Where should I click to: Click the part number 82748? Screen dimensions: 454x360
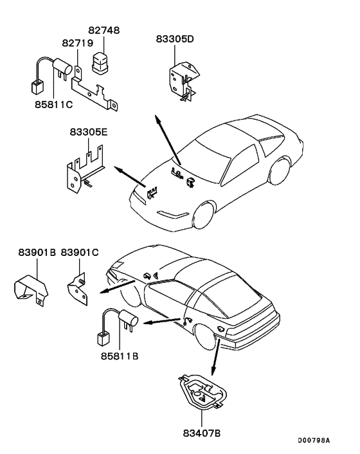tap(104, 31)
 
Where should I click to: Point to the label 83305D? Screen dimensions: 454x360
tap(175, 39)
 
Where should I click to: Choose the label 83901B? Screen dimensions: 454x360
tap(35, 253)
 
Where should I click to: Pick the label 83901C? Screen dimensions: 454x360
tap(80, 253)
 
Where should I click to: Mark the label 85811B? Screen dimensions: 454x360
tap(120, 353)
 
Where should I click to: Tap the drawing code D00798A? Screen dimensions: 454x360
tap(314, 440)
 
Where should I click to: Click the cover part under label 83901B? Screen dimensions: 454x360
tap(32, 289)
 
